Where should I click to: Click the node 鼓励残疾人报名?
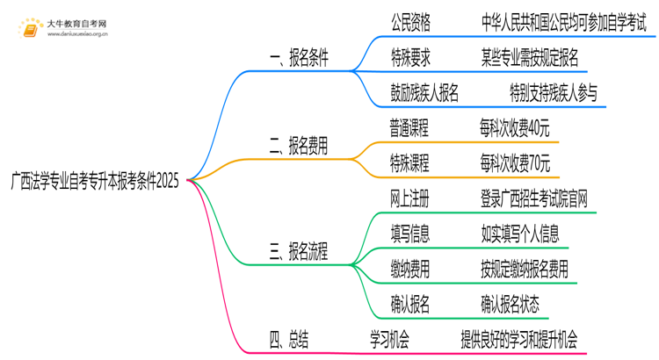[424, 93]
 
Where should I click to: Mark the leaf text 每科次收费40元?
[516, 128]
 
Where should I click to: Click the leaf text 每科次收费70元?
[516, 163]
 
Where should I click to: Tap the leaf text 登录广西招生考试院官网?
[534, 199]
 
